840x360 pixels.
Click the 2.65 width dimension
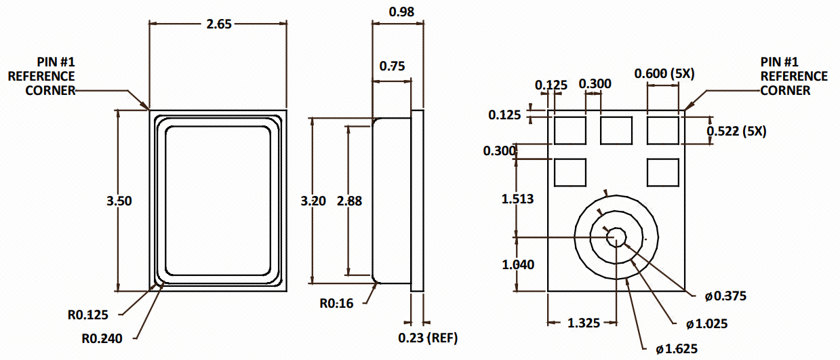point(219,24)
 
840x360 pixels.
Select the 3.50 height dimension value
point(119,201)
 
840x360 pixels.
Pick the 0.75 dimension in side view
point(393,66)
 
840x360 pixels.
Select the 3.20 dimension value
point(313,201)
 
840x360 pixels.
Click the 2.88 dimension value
point(350,201)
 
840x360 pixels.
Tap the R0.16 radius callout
point(336,303)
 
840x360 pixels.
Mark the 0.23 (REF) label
point(427,338)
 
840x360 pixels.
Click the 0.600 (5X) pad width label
point(664,74)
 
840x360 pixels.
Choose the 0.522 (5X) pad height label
point(736,132)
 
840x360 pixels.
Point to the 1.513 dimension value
point(517,199)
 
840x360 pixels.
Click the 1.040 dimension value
point(517,264)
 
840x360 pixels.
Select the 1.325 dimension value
point(583,323)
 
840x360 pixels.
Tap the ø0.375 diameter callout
point(725,296)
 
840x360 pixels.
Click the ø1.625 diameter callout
point(677,350)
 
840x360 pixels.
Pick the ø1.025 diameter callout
point(706,324)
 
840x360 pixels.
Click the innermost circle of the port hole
point(616,237)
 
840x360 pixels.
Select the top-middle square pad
point(616,130)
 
